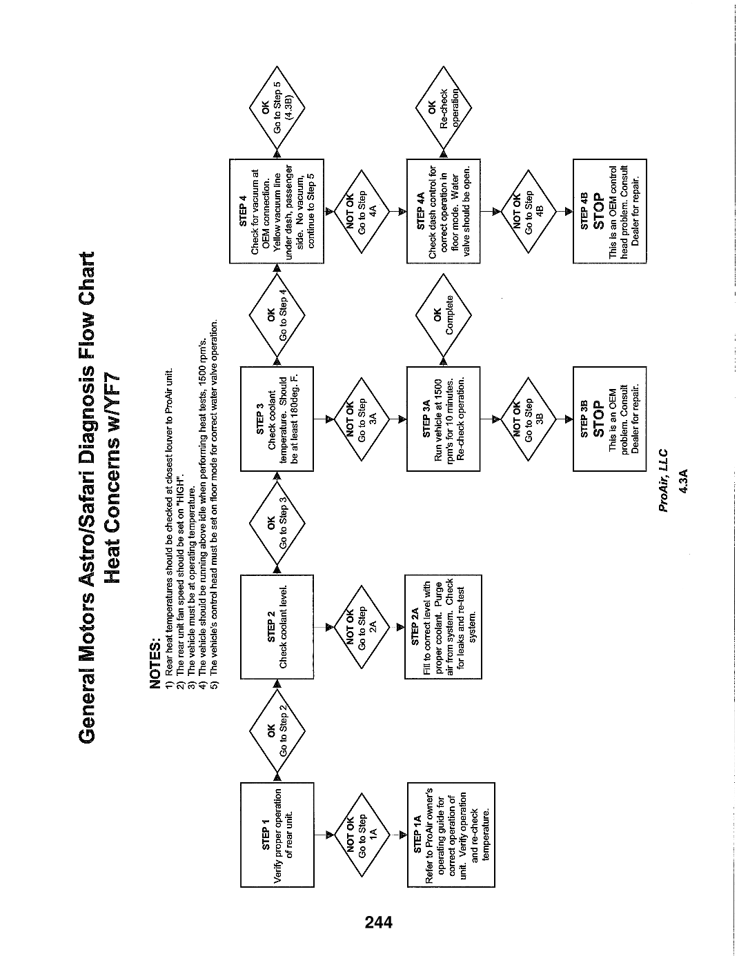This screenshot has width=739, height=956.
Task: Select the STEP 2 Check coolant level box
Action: click(x=277, y=626)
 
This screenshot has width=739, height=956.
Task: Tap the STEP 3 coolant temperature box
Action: click(x=277, y=419)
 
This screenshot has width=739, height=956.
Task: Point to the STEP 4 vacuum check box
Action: click(x=277, y=211)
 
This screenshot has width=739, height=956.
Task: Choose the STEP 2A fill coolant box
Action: click(x=443, y=626)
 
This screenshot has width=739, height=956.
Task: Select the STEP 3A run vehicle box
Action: click(x=443, y=419)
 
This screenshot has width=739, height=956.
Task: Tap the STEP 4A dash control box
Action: click(x=443, y=211)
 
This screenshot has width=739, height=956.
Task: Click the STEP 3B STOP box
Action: click(x=609, y=419)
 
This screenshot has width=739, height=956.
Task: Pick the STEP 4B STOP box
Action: click(x=609, y=211)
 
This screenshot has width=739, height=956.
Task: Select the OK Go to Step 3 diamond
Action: click(x=277, y=523)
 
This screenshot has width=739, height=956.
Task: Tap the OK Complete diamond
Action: click(x=443, y=315)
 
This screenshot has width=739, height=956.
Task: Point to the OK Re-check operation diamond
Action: click(x=443, y=108)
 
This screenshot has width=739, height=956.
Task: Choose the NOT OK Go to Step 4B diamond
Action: click(x=529, y=211)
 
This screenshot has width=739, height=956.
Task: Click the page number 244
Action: click(x=379, y=922)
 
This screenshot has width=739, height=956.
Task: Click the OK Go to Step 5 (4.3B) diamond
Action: click(x=277, y=108)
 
